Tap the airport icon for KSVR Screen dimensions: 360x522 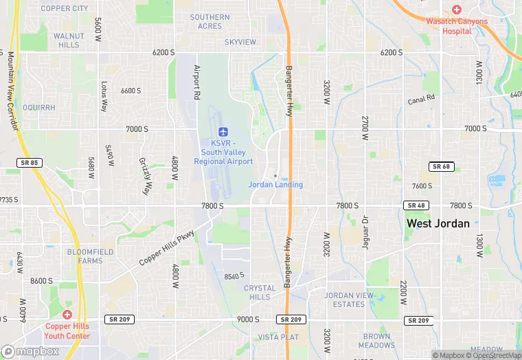coord(223,131)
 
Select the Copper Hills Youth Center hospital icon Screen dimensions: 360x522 coord(67,314)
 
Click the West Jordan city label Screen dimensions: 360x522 coord(438,223)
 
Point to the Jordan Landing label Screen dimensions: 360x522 coord(275,184)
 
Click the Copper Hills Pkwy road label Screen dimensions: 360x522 coord(167,247)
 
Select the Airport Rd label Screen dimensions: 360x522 coord(196,80)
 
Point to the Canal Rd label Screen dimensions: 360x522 coord(421,99)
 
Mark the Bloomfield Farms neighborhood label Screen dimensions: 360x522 coord(85,256)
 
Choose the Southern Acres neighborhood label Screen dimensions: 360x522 coord(210,21)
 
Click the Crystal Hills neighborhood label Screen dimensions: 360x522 coord(260,293)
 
